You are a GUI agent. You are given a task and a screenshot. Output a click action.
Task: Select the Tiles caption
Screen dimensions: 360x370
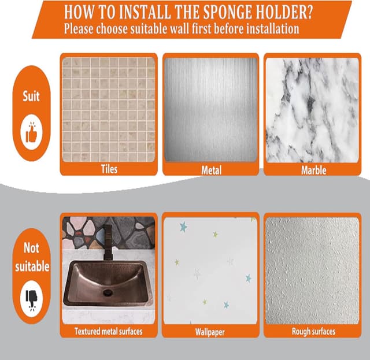point(108,170)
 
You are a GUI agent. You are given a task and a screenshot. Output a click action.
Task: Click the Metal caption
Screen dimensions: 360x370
point(211,170)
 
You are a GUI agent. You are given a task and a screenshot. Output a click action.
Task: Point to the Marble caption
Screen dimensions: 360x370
point(313,170)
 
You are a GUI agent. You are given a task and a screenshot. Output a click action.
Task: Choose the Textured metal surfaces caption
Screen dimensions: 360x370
point(108,331)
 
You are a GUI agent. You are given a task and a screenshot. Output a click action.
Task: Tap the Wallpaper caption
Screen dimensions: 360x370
point(210,332)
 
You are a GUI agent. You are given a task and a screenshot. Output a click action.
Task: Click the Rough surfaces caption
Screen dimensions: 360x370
point(313,331)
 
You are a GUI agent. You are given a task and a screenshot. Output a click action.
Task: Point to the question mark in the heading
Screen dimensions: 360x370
point(319,11)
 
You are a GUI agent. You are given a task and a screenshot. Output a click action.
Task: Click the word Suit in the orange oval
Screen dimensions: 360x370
point(31,96)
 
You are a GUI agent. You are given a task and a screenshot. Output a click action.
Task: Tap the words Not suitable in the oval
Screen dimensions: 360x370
point(31,257)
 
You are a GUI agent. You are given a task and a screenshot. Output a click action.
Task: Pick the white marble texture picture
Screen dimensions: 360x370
point(312,110)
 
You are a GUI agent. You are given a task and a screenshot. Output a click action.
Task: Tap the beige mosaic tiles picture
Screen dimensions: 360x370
point(108,110)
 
